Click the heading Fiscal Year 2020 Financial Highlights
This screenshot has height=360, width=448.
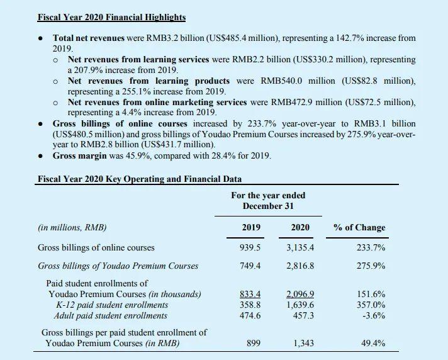click(x=112, y=18)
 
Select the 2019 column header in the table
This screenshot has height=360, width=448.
click(x=251, y=227)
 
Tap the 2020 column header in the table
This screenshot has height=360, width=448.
click(x=300, y=227)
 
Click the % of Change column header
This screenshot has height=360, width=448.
click(x=359, y=227)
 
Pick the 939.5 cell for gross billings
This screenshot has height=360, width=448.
click(x=251, y=247)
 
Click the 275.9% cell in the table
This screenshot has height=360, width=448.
click(x=371, y=266)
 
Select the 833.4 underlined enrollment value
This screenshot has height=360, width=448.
click(x=251, y=294)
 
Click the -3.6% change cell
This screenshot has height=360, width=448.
click(x=373, y=315)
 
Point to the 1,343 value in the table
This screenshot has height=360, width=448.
click(x=303, y=343)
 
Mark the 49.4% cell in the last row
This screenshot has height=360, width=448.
click(x=372, y=343)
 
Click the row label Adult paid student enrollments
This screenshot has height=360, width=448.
click(x=111, y=315)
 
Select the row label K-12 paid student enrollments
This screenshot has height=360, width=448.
click(x=108, y=305)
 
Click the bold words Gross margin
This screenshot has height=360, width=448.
click(x=80, y=155)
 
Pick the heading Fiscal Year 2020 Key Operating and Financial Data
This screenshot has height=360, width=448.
click(x=139, y=179)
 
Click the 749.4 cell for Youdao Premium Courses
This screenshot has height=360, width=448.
click(x=251, y=266)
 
